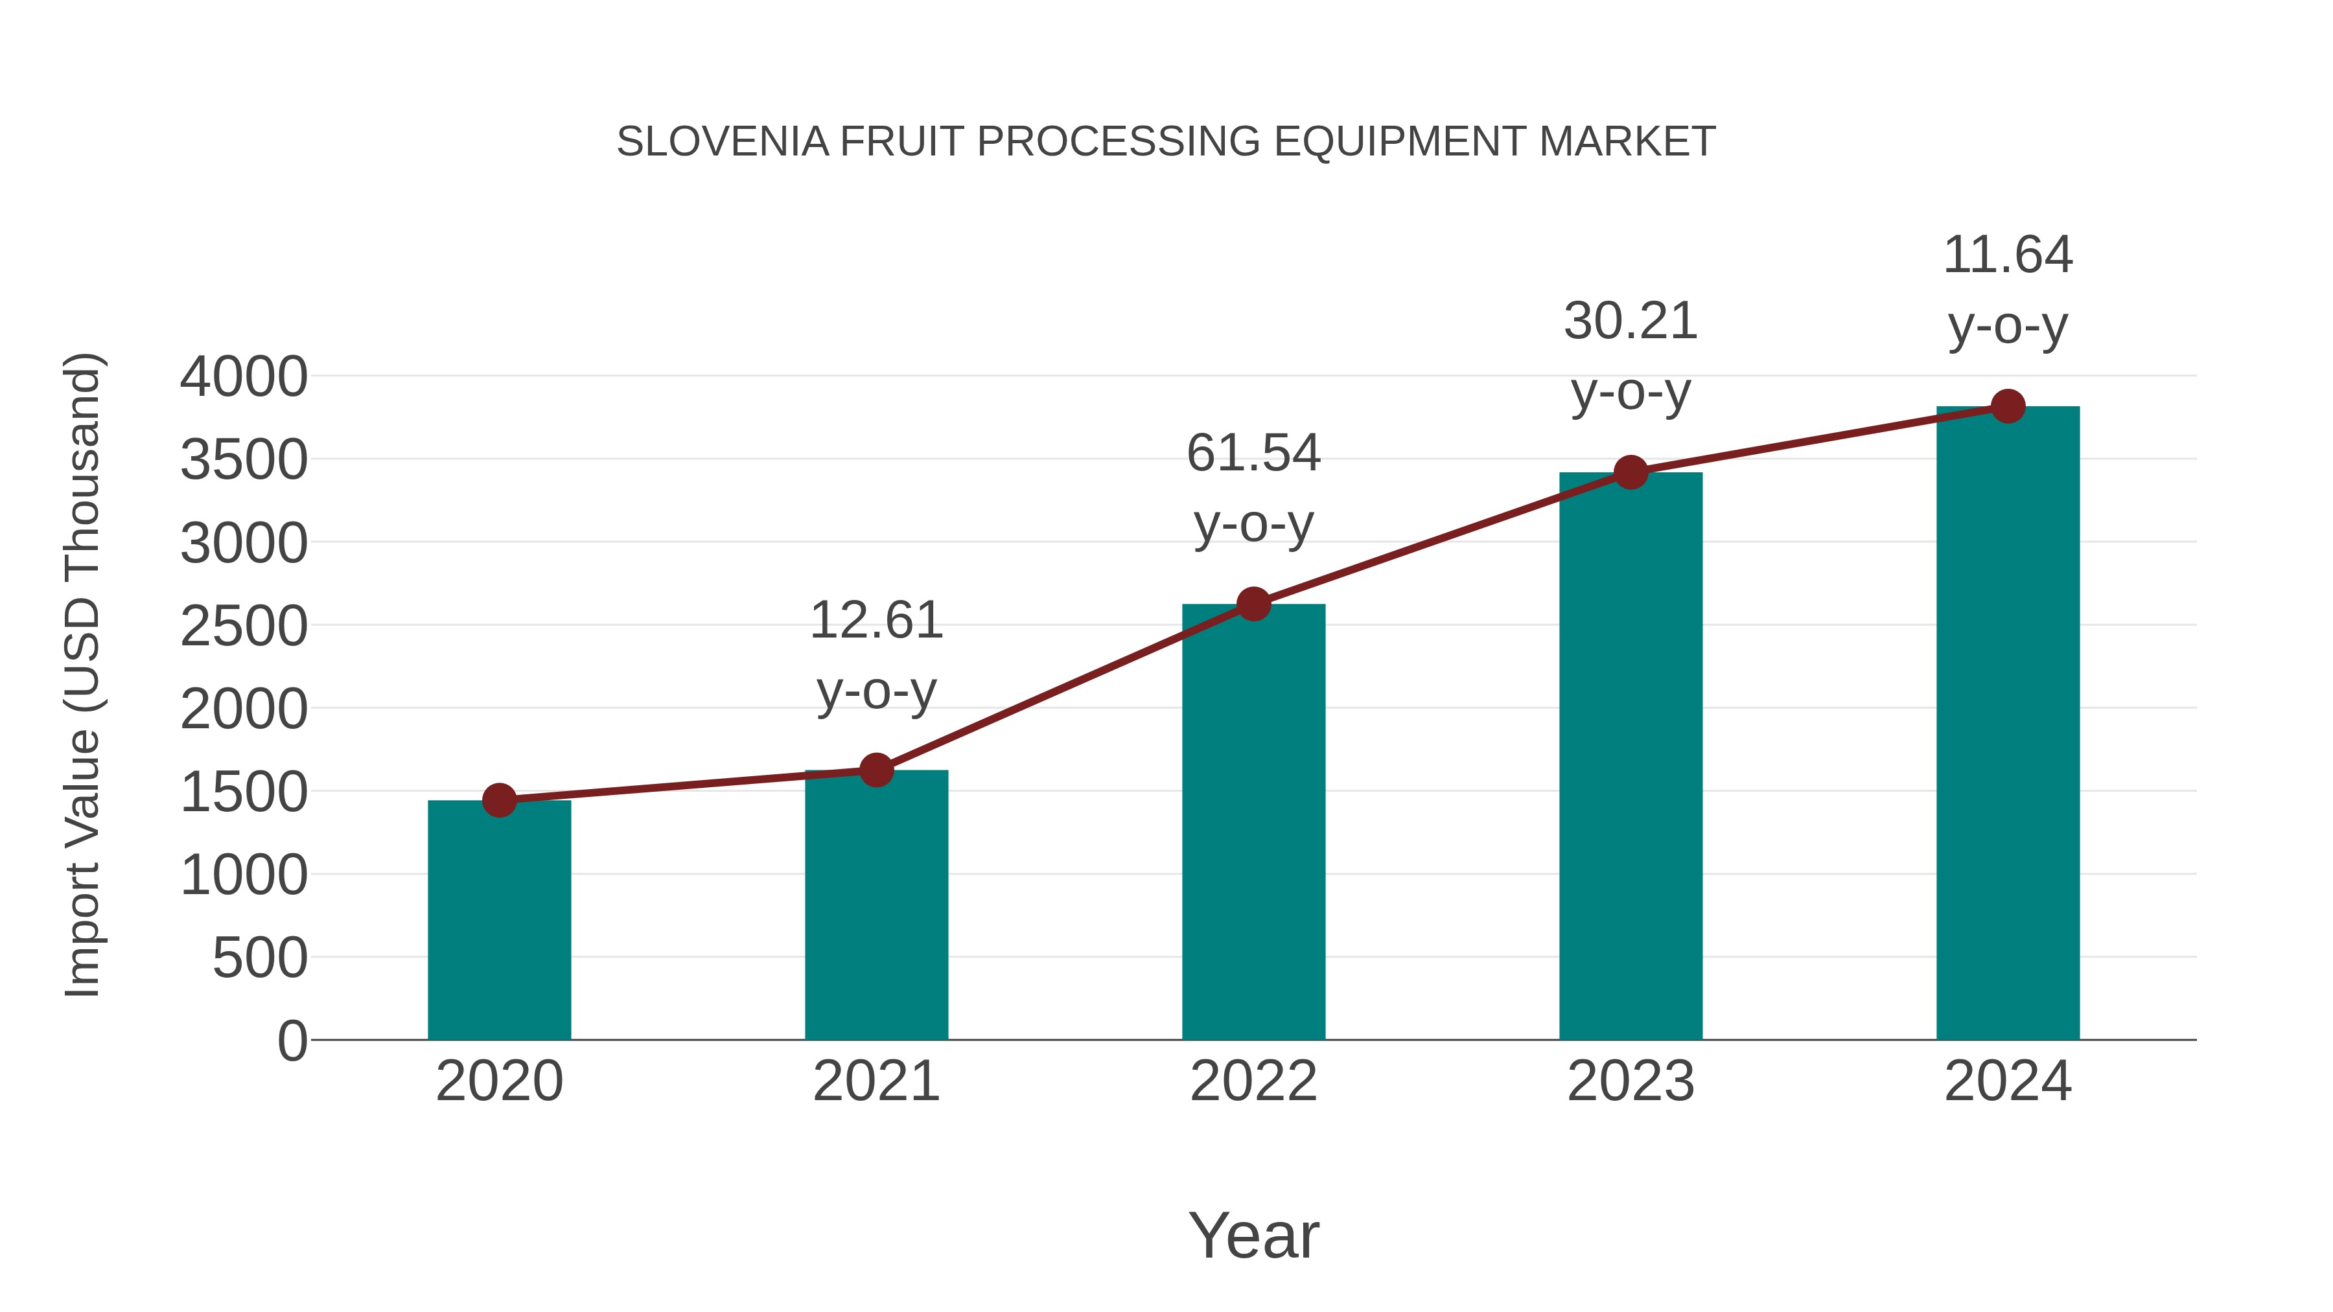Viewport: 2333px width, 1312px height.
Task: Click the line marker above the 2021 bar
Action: click(876, 770)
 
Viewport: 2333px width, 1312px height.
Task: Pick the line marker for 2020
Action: click(499, 800)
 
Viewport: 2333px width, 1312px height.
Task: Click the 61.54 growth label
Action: click(1253, 453)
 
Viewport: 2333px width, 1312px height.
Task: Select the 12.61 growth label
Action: click(876, 621)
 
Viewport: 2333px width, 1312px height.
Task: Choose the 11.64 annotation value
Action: click(2008, 255)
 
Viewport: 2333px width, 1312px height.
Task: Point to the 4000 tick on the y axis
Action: click(244, 378)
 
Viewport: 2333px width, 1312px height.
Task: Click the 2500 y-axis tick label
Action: click(244, 627)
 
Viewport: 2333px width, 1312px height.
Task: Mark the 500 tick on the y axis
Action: click(260, 958)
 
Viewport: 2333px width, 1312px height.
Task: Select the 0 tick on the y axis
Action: click(292, 1041)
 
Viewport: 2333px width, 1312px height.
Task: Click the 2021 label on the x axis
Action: click(876, 1081)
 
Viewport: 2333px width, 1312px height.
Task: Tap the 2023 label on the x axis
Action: click(1631, 1081)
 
